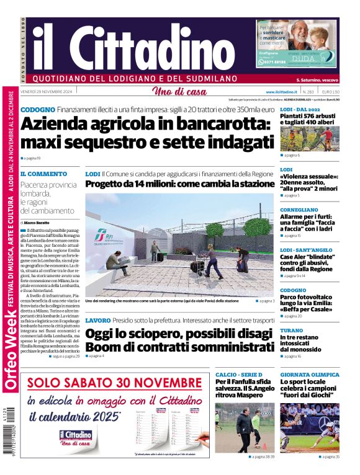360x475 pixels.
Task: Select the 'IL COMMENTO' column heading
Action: click(43, 174)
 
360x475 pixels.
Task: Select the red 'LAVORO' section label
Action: click(98, 320)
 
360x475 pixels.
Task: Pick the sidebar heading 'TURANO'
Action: click(291, 331)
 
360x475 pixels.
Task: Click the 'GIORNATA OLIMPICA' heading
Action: click(309, 375)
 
